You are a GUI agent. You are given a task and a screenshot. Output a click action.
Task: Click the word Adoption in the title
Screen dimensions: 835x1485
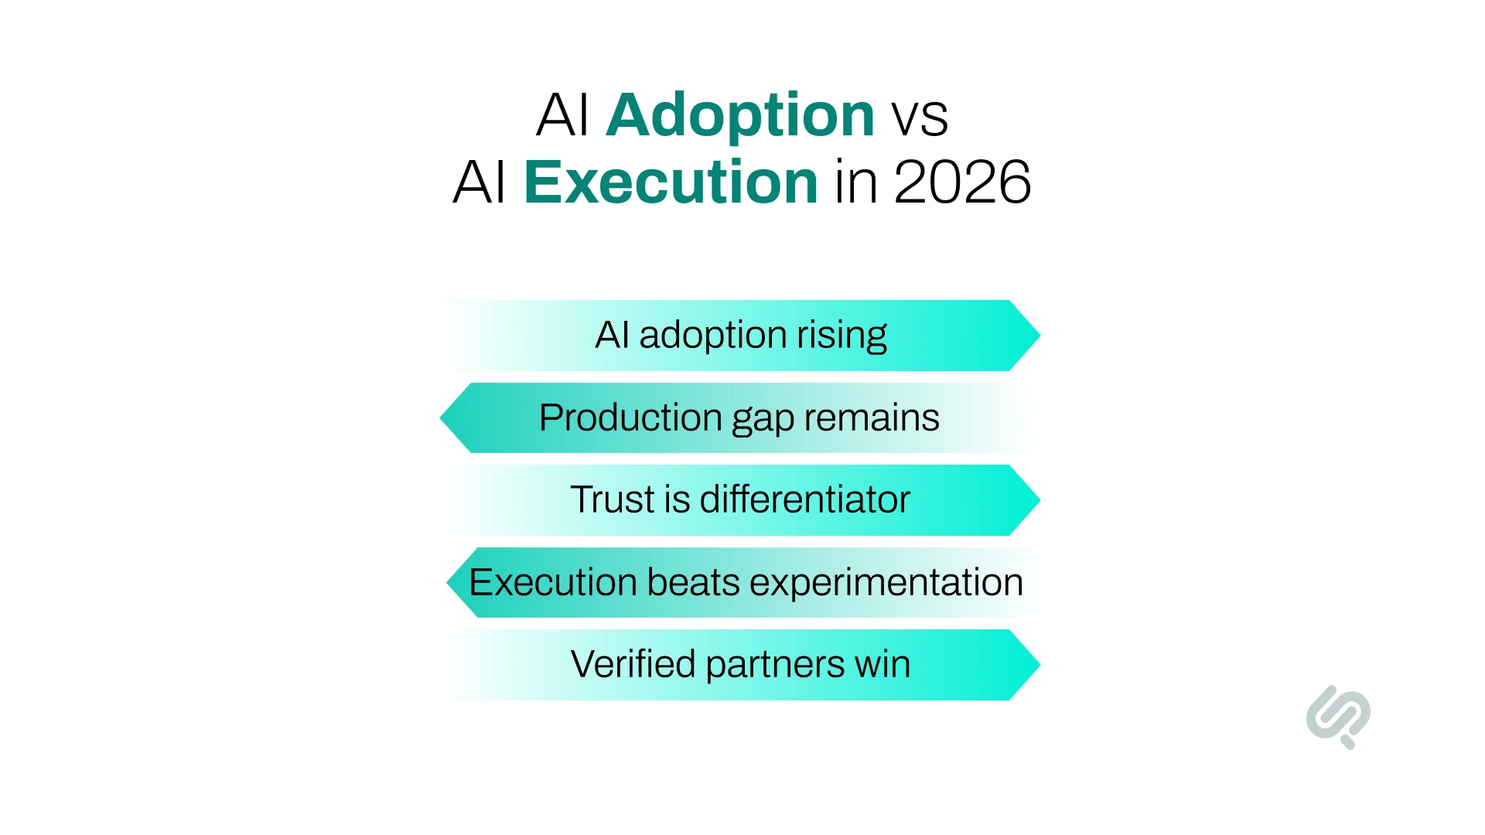739,116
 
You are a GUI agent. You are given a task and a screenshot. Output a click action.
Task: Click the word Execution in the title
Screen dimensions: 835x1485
671,182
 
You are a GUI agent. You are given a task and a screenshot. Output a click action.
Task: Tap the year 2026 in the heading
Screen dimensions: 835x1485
962,182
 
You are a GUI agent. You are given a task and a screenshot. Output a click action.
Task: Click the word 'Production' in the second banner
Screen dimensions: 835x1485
630,417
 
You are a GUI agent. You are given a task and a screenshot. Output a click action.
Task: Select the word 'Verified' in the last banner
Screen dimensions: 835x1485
633,664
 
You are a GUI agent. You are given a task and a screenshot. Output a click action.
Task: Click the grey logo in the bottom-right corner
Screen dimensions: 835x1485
1338,716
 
